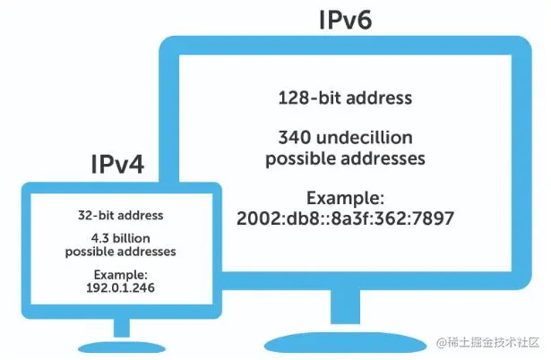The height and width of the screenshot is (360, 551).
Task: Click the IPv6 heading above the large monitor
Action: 342,20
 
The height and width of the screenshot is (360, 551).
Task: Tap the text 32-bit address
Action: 120,216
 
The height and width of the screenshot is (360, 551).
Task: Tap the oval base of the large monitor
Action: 344,341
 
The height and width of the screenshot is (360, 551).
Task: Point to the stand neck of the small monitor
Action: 120,328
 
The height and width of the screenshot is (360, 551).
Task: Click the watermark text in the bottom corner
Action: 487,344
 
